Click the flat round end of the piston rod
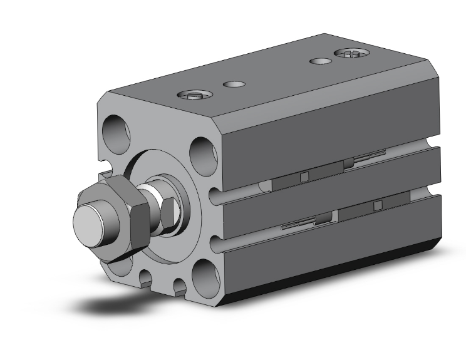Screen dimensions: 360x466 coord(88,222)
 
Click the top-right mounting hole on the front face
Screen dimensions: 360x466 coord(204,150)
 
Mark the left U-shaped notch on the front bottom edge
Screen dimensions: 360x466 coord(147,278)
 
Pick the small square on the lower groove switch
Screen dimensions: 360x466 coord(378,205)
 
